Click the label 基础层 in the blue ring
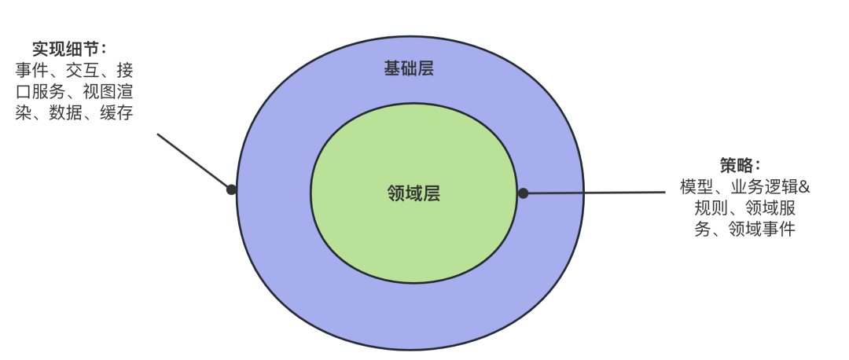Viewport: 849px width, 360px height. [409, 69]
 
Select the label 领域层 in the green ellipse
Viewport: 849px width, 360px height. [413, 193]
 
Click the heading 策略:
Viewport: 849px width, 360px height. [740, 166]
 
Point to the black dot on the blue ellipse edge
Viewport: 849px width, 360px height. [231, 189]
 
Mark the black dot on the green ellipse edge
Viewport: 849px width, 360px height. [523, 193]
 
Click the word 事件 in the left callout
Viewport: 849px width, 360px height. [31, 70]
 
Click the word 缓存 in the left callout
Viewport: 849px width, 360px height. [116, 113]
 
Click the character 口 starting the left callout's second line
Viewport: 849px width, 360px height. [23, 91]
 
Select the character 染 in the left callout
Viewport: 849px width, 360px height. [23, 113]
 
